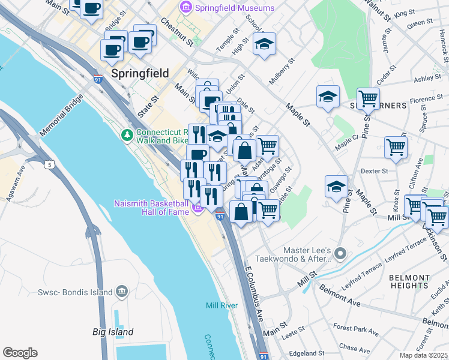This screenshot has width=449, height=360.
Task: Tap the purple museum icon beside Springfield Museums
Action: [185, 8]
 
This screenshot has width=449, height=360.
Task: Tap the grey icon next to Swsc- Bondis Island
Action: [122, 292]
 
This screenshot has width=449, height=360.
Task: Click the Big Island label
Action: [113, 332]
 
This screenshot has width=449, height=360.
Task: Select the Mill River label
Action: [221, 305]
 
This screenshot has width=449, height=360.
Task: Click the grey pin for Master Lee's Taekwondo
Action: [340, 253]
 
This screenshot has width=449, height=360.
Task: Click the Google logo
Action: [20, 353]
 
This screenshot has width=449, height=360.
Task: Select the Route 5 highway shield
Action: [49, 164]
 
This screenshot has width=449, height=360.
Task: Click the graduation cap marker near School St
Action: [264, 44]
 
